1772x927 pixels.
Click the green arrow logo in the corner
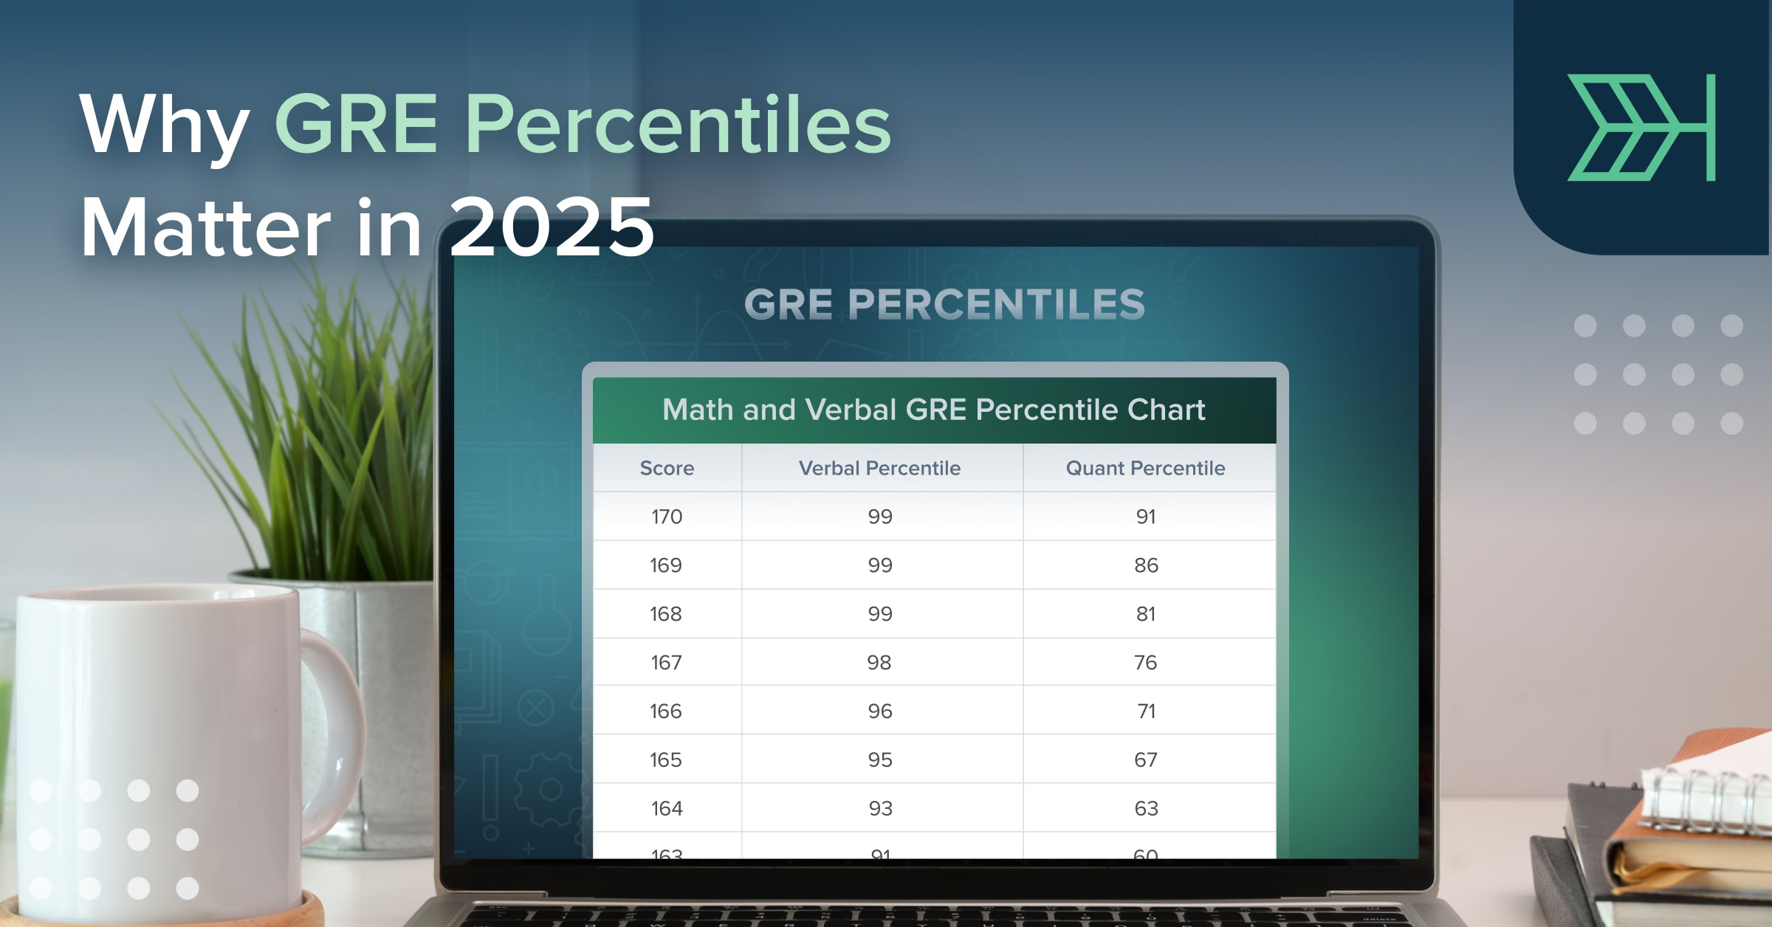coord(1641,127)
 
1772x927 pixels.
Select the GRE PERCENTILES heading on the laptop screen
coord(944,304)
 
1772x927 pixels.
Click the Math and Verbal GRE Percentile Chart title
coord(933,410)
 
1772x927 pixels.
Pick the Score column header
coord(667,468)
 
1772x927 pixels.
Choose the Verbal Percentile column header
coord(879,468)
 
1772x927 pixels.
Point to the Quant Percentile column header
coord(1145,468)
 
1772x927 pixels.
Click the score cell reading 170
coord(667,517)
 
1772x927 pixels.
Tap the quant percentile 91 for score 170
coord(1146,517)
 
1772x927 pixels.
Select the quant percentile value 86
coord(1146,565)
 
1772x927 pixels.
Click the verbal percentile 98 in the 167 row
coord(879,663)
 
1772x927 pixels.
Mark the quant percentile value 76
coord(1146,663)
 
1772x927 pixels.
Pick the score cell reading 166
coord(666,711)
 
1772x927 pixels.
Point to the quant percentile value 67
coord(1146,760)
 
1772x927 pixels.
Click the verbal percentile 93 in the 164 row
coord(880,809)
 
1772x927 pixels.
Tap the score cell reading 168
coord(666,614)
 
